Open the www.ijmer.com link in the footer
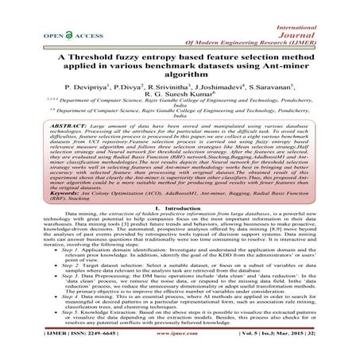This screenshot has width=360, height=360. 180,349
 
